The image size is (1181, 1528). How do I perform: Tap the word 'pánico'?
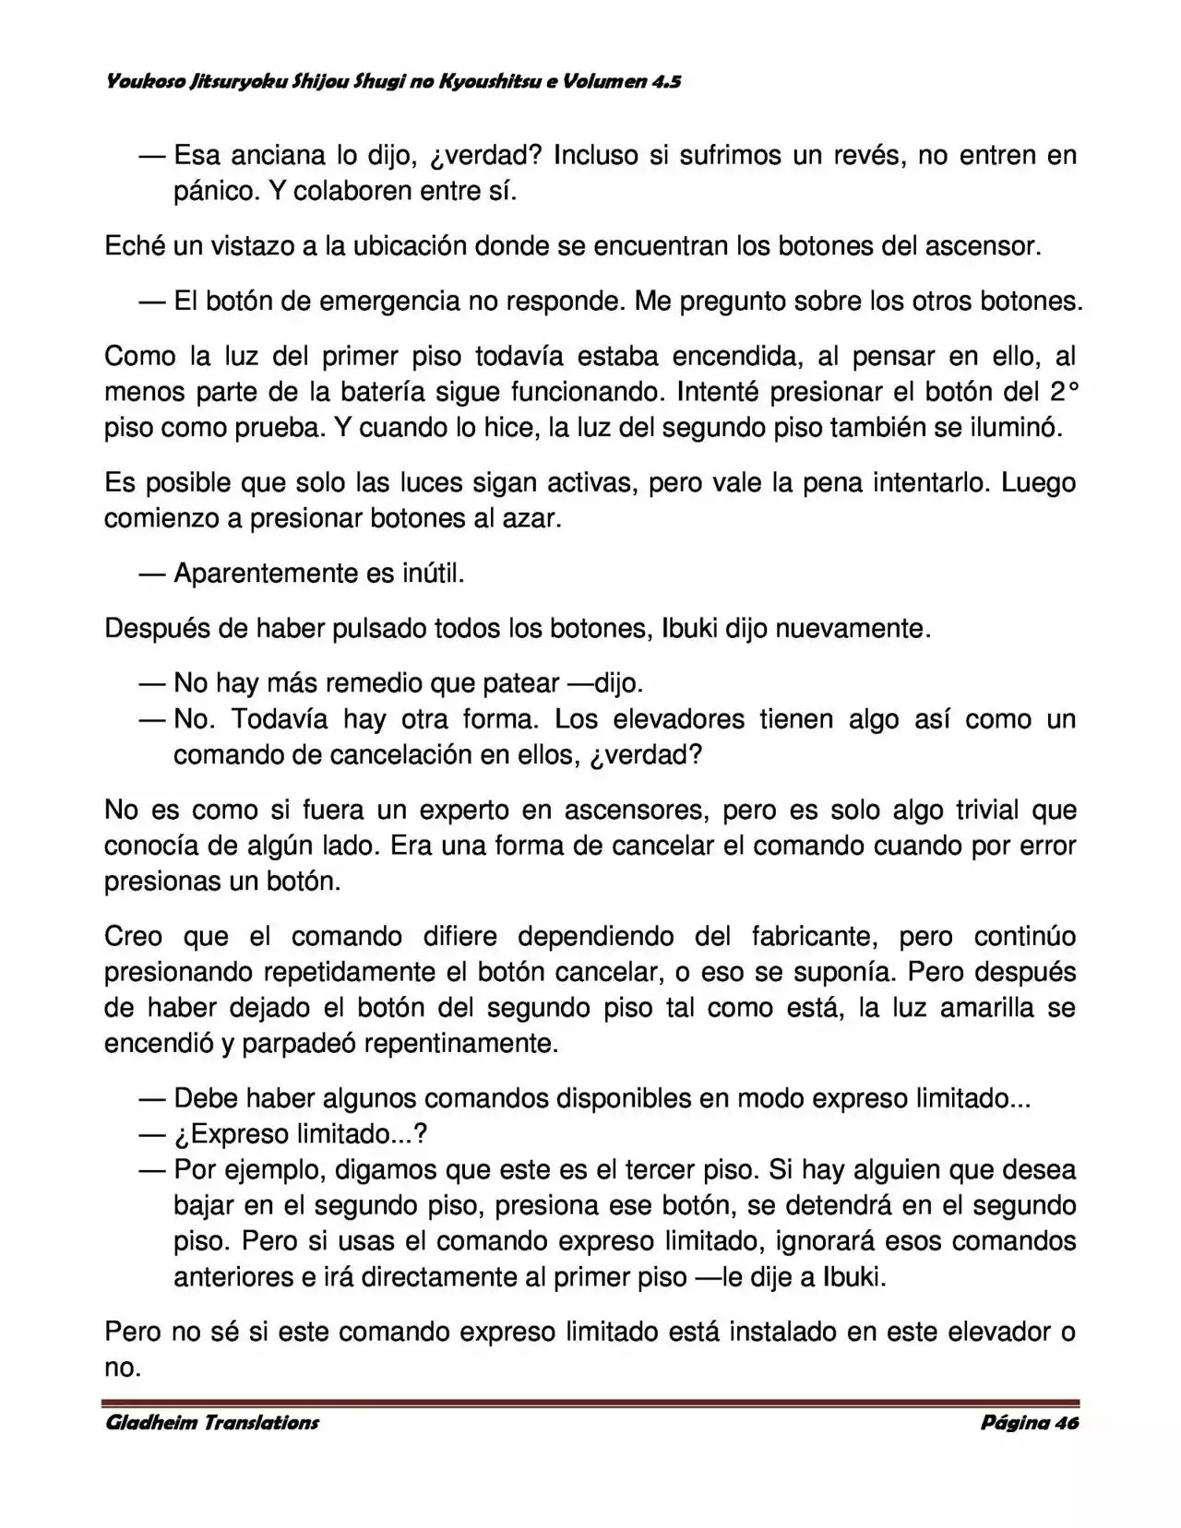215,191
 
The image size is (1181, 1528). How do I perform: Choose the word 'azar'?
531,518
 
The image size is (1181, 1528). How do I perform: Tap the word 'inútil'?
433,574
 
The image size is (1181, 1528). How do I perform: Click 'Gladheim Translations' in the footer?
211,1422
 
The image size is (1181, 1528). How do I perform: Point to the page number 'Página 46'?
1029,1422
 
